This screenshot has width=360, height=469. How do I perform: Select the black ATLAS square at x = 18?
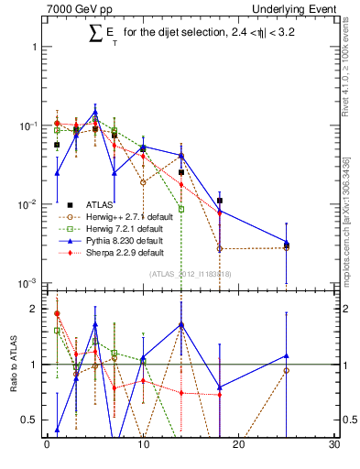(220, 200)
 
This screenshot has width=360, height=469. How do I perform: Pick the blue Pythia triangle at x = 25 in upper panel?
(287, 243)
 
